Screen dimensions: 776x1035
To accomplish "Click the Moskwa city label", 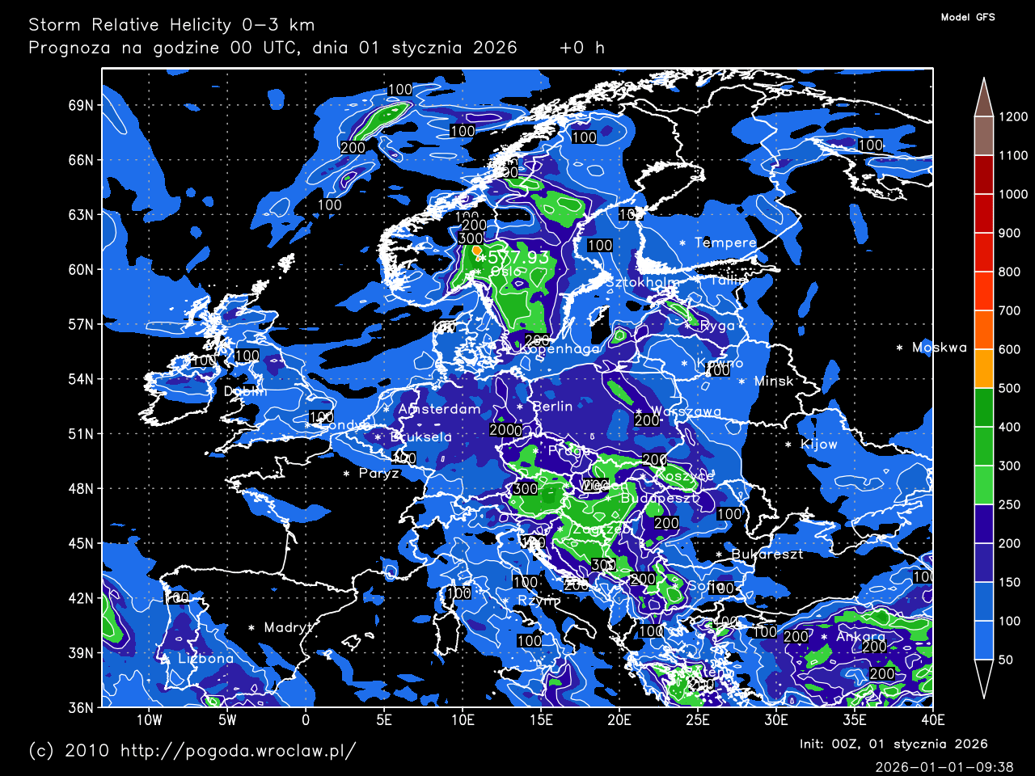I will click(939, 348).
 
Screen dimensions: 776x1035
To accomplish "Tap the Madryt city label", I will click(288, 628).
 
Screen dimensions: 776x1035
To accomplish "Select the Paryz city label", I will click(378, 474).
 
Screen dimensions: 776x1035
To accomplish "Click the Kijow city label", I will click(818, 445).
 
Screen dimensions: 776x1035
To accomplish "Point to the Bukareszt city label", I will click(767, 555).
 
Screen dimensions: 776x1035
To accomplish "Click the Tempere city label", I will click(725, 242).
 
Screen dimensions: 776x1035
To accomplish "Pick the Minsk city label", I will click(774, 382).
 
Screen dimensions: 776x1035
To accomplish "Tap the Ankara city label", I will click(860, 637).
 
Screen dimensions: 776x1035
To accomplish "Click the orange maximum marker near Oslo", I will click(476, 251).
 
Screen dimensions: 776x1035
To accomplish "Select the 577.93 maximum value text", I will click(518, 257).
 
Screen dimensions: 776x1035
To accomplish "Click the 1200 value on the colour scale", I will click(1012, 117).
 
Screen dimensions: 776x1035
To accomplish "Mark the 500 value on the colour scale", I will click(1009, 389).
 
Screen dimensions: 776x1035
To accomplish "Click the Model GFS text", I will click(968, 17).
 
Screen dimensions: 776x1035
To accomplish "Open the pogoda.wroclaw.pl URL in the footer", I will click(238, 751).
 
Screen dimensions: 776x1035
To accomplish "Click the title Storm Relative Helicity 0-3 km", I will click(171, 25).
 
